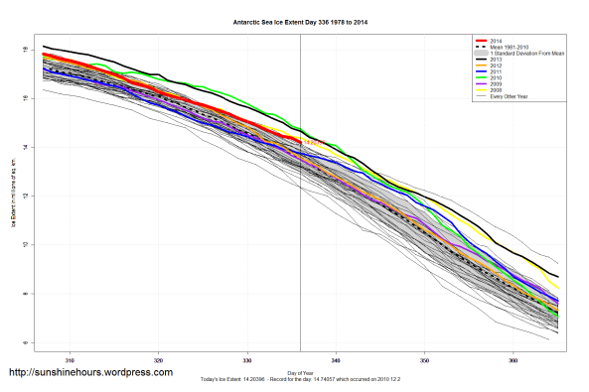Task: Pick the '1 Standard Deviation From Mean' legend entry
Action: (x=527, y=53)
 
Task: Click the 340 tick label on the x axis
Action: (x=336, y=359)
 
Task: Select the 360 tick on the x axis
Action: (x=514, y=359)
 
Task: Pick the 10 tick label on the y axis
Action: (x=24, y=244)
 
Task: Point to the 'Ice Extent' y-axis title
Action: (x=14, y=195)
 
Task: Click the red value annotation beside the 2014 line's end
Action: (x=311, y=143)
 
